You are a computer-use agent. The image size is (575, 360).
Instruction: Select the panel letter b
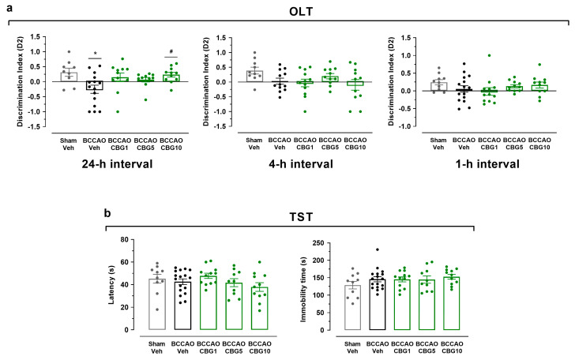click(109, 213)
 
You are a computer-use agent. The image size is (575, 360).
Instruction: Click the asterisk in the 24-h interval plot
click(96, 54)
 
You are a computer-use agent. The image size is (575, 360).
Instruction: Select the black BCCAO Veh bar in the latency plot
click(160, 305)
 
